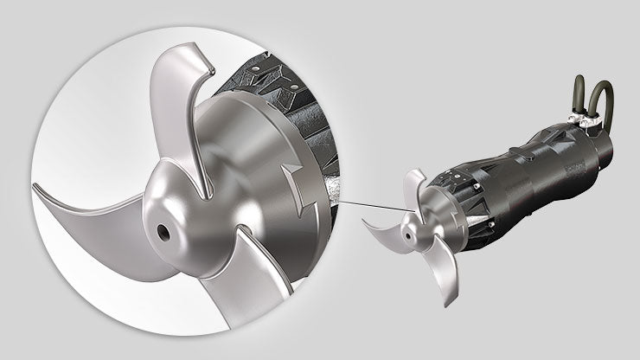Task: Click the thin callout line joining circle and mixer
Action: [x=363, y=206]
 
